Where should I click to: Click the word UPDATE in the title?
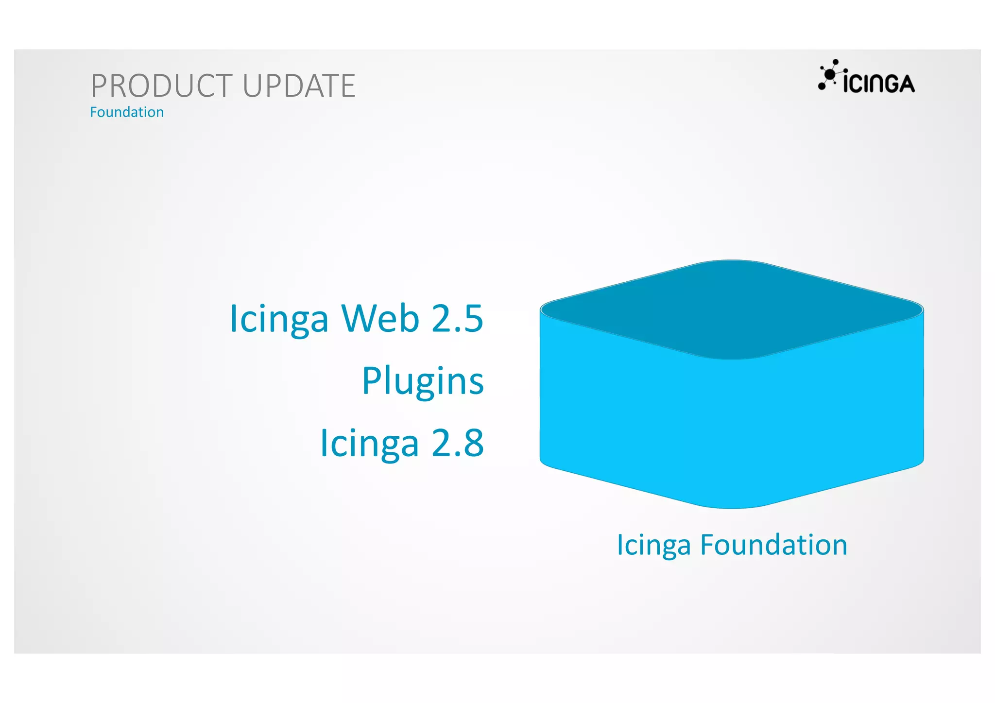click(299, 86)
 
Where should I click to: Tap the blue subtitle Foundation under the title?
click(127, 112)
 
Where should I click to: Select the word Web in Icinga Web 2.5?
click(380, 319)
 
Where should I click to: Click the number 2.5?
click(457, 319)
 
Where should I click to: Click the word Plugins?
click(423, 381)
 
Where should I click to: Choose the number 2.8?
click(457, 443)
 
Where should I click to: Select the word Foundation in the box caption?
click(773, 545)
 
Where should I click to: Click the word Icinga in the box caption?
click(653, 546)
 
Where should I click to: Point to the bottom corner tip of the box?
click(732, 507)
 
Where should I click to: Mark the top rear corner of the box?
click(732, 261)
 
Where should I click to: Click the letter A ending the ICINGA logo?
click(906, 84)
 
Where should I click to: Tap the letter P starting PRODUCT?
click(99, 86)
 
